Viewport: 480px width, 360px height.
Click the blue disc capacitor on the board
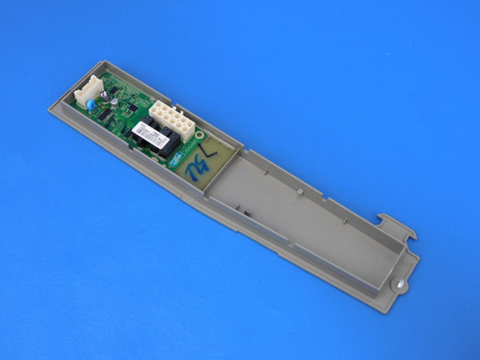[x=94, y=103]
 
